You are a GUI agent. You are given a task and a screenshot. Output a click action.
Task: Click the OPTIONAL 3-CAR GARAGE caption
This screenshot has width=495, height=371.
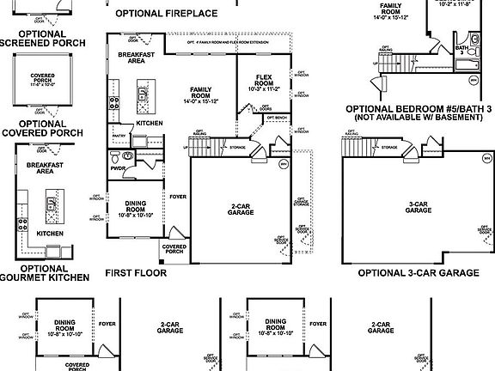click(418, 272)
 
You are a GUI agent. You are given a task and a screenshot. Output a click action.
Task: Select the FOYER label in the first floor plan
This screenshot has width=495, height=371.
click(177, 197)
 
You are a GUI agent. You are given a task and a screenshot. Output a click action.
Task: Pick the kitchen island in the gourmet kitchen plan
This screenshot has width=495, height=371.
click(51, 204)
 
